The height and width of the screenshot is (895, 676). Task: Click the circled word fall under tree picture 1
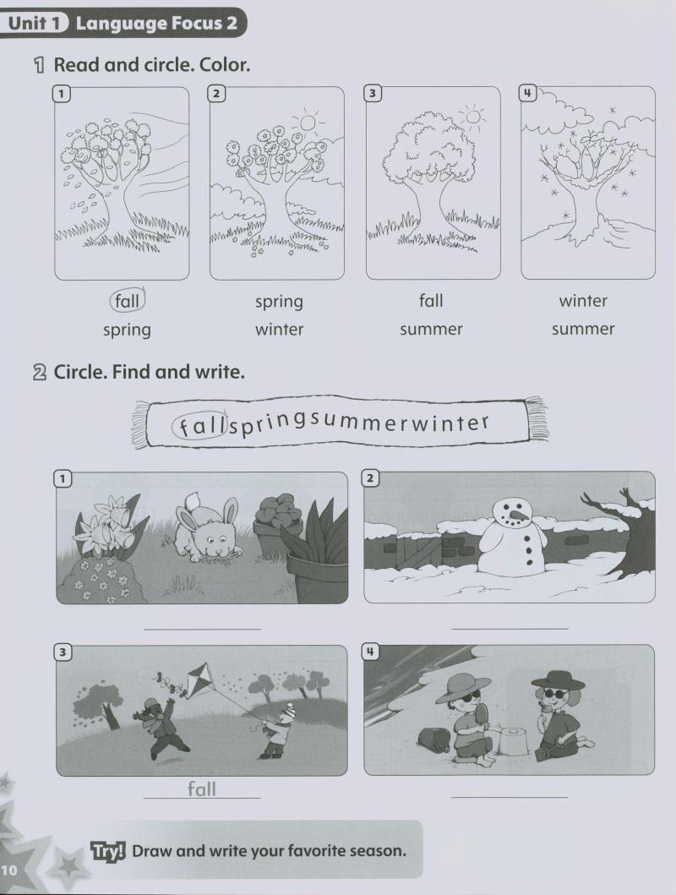pyautogui.click(x=127, y=300)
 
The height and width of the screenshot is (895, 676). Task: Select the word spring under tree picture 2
pyautogui.click(x=279, y=302)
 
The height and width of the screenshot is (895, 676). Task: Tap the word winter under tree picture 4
pyautogui.click(x=583, y=300)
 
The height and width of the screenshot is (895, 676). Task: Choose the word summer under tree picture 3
pyautogui.click(x=431, y=330)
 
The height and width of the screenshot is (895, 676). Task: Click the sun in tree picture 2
pyautogui.click(x=308, y=123)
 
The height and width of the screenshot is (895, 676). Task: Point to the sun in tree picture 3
pyautogui.click(x=473, y=117)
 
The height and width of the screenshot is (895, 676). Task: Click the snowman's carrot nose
pyautogui.click(x=517, y=516)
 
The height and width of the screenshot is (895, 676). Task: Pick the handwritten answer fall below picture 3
pyautogui.click(x=202, y=789)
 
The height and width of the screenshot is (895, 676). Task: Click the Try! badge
pyautogui.click(x=108, y=851)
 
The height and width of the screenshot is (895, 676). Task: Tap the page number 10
pyautogui.click(x=9, y=870)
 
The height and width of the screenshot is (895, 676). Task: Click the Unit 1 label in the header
pyautogui.click(x=35, y=24)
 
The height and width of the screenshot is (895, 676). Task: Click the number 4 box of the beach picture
pyautogui.click(x=371, y=652)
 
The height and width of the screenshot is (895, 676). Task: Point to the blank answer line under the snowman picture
pyautogui.click(x=510, y=629)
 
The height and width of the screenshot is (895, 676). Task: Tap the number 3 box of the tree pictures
pyautogui.click(x=372, y=93)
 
